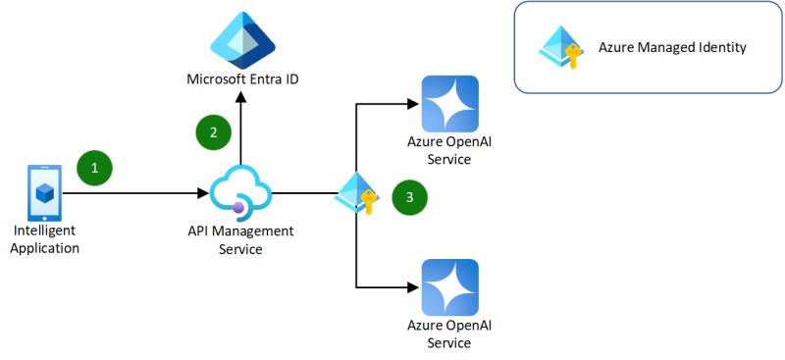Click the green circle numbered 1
(95, 168)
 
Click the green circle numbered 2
(213, 131)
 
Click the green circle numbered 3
(409, 197)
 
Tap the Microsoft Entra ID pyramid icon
(242, 39)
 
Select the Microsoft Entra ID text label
(242, 78)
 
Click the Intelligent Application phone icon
(43, 192)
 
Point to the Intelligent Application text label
(46, 239)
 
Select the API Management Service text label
(240, 240)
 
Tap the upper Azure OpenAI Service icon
(449, 103)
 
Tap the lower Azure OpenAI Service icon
(449, 286)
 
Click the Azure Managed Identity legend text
(672, 47)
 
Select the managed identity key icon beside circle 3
(356, 194)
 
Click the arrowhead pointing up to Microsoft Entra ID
(240, 93)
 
